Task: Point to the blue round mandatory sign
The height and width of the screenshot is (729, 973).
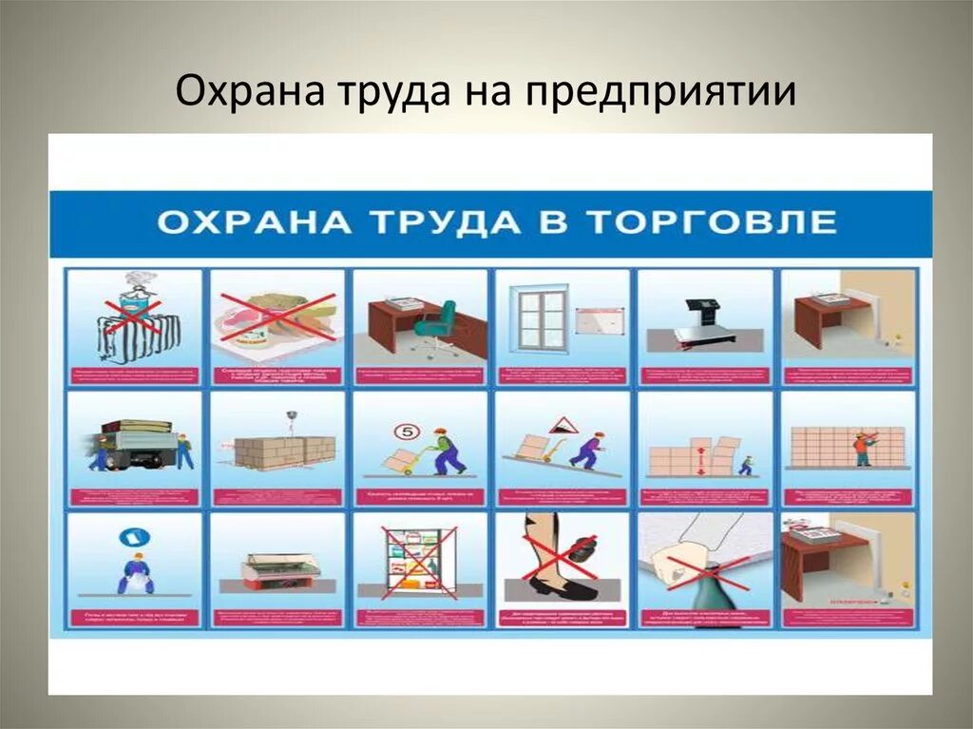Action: (x=129, y=538)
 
